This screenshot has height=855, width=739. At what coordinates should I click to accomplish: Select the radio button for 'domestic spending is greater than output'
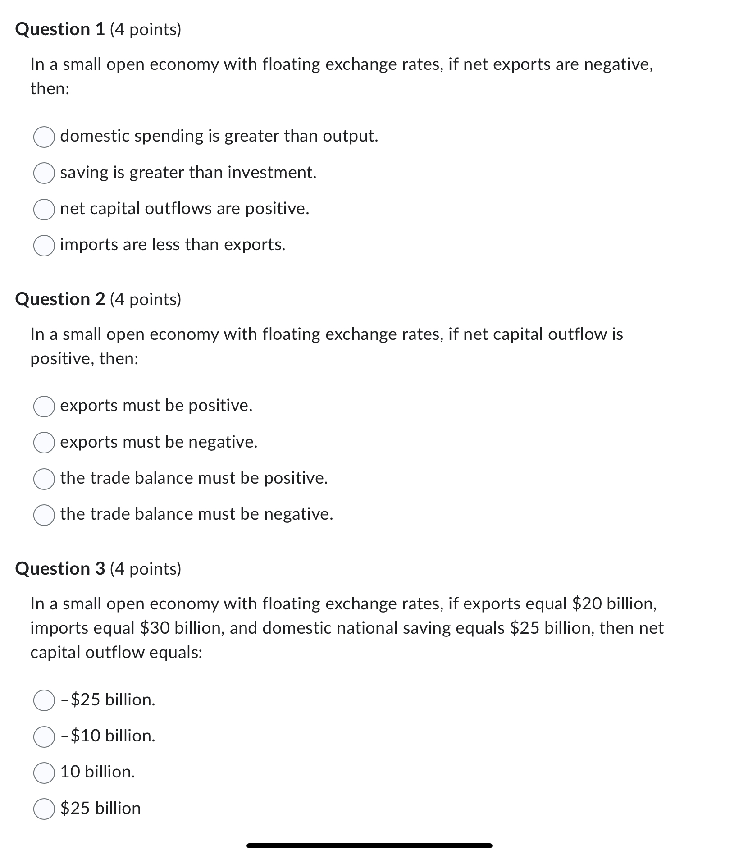pos(44,137)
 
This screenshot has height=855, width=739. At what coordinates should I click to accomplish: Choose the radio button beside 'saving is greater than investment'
pos(44,173)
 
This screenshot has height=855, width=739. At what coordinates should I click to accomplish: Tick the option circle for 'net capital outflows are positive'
pos(44,209)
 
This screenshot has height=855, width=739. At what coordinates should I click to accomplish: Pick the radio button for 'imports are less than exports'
pos(44,245)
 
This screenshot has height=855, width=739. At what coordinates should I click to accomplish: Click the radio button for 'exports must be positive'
pos(44,406)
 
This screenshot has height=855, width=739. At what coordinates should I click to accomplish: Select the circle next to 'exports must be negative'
pos(44,442)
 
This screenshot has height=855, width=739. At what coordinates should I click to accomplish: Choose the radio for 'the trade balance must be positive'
pos(44,478)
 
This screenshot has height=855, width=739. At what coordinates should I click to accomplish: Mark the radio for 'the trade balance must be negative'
pos(44,515)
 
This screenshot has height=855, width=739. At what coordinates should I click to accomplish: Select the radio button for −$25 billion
pos(44,700)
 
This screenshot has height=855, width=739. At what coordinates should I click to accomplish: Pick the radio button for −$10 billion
pos(44,736)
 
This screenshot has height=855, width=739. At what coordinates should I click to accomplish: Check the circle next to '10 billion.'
pos(44,773)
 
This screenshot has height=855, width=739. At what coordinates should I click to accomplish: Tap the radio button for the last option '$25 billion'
pos(44,809)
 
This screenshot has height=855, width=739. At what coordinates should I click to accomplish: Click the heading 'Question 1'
pos(60,30)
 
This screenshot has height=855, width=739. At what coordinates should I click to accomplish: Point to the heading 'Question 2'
pos(60,299)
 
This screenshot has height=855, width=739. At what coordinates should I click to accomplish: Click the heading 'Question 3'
pos(60,569)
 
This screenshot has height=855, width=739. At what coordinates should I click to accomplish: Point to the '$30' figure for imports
pos(155,628)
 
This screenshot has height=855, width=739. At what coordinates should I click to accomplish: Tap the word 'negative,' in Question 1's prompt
pos(618,65)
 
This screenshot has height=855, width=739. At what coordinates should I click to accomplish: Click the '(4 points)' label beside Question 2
pos(145,299)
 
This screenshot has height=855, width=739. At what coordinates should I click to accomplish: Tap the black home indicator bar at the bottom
pos(369,846)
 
